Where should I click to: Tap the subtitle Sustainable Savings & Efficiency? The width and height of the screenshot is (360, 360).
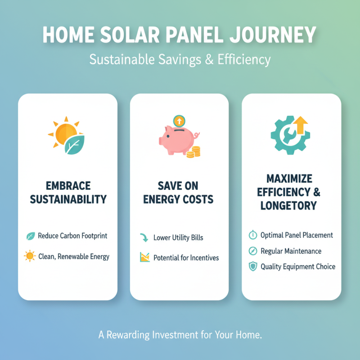pyautogui.click(x=180, y=59)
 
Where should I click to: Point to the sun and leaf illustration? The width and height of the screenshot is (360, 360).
pyautogui.click(x=66, y=135)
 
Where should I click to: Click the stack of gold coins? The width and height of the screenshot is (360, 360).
pyautogui.click(x=194, y=152)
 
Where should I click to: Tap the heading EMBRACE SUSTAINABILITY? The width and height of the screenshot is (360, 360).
pyautogui.click(x=67, y=192)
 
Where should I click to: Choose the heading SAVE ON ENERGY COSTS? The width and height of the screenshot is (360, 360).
pyautogui.click(x=179, y=192)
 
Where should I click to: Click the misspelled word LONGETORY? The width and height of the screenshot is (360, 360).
pyautogui.click(x=288, y=206)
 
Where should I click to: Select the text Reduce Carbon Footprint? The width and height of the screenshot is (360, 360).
pyautogui.click(x=72, y=235)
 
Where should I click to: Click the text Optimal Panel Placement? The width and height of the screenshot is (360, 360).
pyautogui.click(x=297, y=235)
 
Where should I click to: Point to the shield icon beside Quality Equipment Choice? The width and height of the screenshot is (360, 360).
pyautogui.click(x=253, y=266)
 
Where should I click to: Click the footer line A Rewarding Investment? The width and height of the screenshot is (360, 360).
pyautogui.click(x=180, y=335)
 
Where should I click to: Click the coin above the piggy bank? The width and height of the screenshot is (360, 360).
pyautogui.click(x=179, y=121)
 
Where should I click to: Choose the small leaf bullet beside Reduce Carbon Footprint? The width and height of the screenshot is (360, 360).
pyautogui.click(x=31, y=236)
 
